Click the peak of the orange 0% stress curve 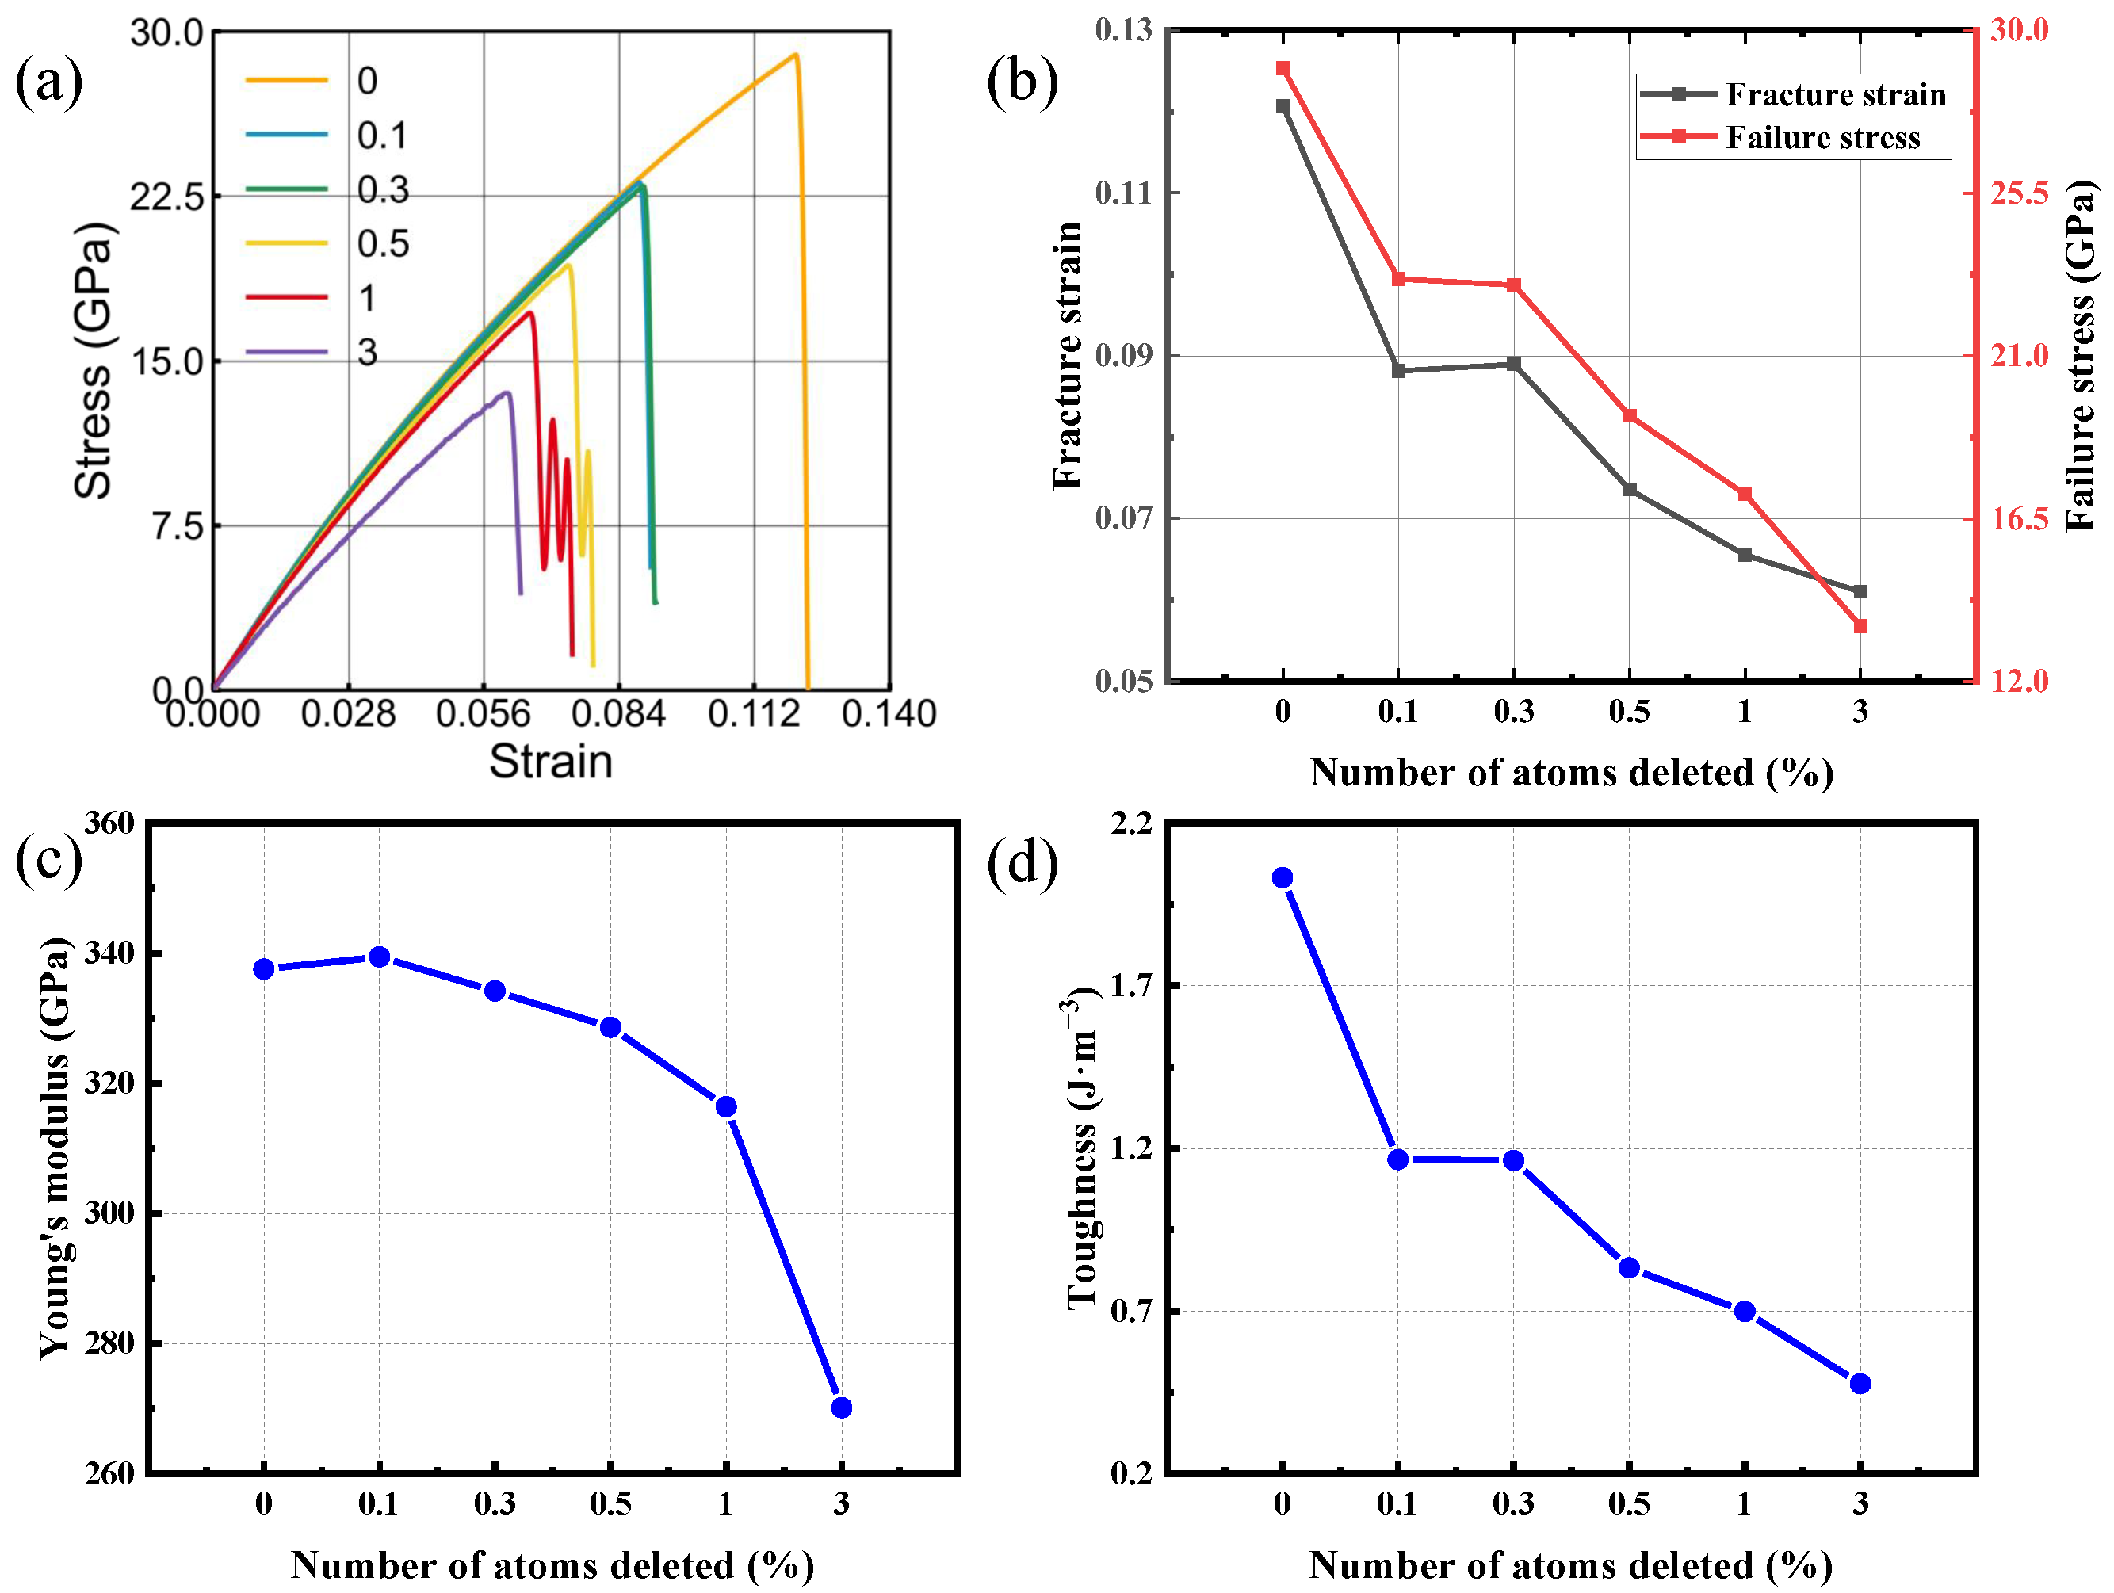[794, 55]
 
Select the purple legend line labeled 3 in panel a [286, 353]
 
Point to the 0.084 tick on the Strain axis [617, 714]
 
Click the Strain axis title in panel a [550, 762]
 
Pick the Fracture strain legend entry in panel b [1793, 94]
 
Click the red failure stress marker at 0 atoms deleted [1283, 69]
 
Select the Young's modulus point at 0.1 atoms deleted [380, 957]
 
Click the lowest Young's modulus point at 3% [842, 1408]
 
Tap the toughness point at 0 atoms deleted [1283, 878]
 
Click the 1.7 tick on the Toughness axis [1130, 985]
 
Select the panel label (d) [1022, 862]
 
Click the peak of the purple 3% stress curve [507, 393]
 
